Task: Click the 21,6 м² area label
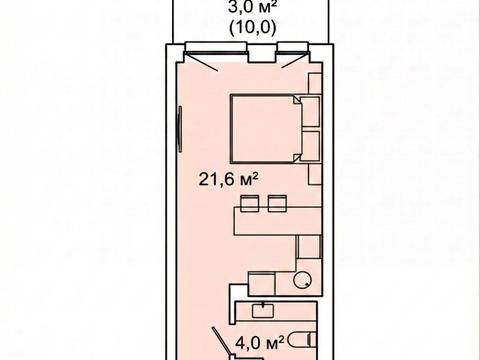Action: [x=229, y=179]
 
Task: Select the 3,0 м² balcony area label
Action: [x=253, y=7]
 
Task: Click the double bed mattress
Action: [x=266, y=129]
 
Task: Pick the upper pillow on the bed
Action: [x=310, y=112]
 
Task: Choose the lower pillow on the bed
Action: [x=310, y=146]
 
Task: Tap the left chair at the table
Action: [x=250, y=203]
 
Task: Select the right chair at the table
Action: [x=277, y=203]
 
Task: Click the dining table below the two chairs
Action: [x=278, y=221]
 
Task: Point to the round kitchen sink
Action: [x=302, y=279]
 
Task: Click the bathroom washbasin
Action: [x=263, y=311]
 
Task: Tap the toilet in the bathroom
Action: [x=301, y=339]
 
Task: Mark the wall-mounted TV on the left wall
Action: [x=180, y=129]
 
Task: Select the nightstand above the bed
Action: [x=314, y=84]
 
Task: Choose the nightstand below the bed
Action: [x=314, y=174]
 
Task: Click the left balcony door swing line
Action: [x=201, y=62]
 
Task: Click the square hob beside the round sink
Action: [x=262, y=283]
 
